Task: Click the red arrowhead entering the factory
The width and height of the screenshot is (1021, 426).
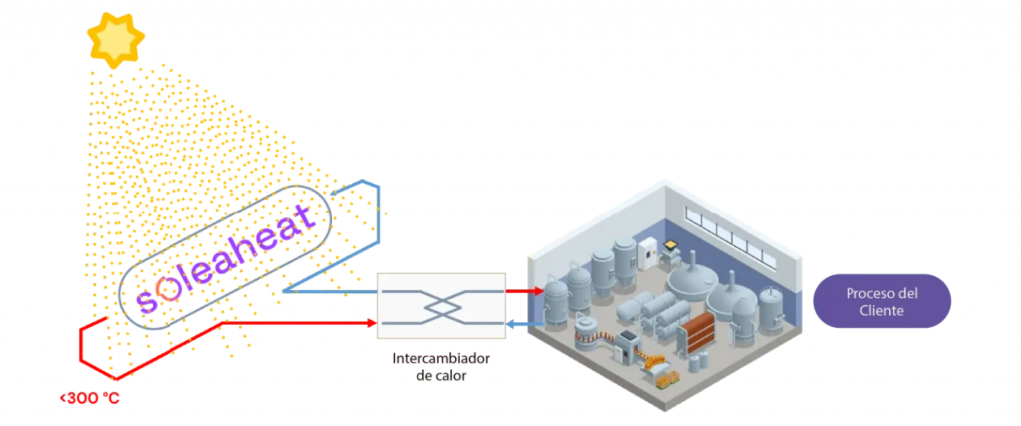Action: [x=537, y=291]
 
